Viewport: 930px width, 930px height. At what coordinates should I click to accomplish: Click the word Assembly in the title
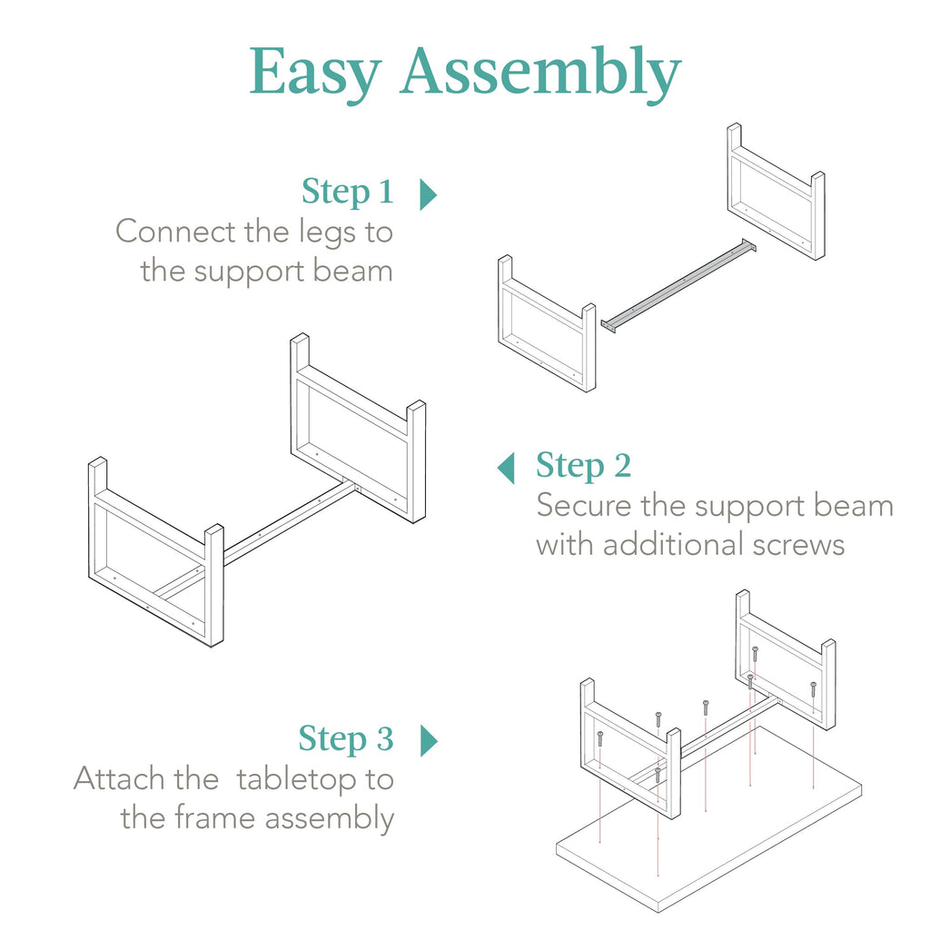pos(539,73)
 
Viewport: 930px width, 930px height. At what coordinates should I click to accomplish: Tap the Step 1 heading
pos(348,192)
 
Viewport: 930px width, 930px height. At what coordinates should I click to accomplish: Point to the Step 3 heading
pos(346,738)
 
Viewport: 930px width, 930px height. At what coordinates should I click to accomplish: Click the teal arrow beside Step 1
pos(428,194)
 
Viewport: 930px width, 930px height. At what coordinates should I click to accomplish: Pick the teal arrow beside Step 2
pos(506,468)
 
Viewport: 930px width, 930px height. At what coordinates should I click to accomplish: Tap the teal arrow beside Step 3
pos(429,741)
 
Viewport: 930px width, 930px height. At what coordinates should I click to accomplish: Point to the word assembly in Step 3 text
pos(329,819)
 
